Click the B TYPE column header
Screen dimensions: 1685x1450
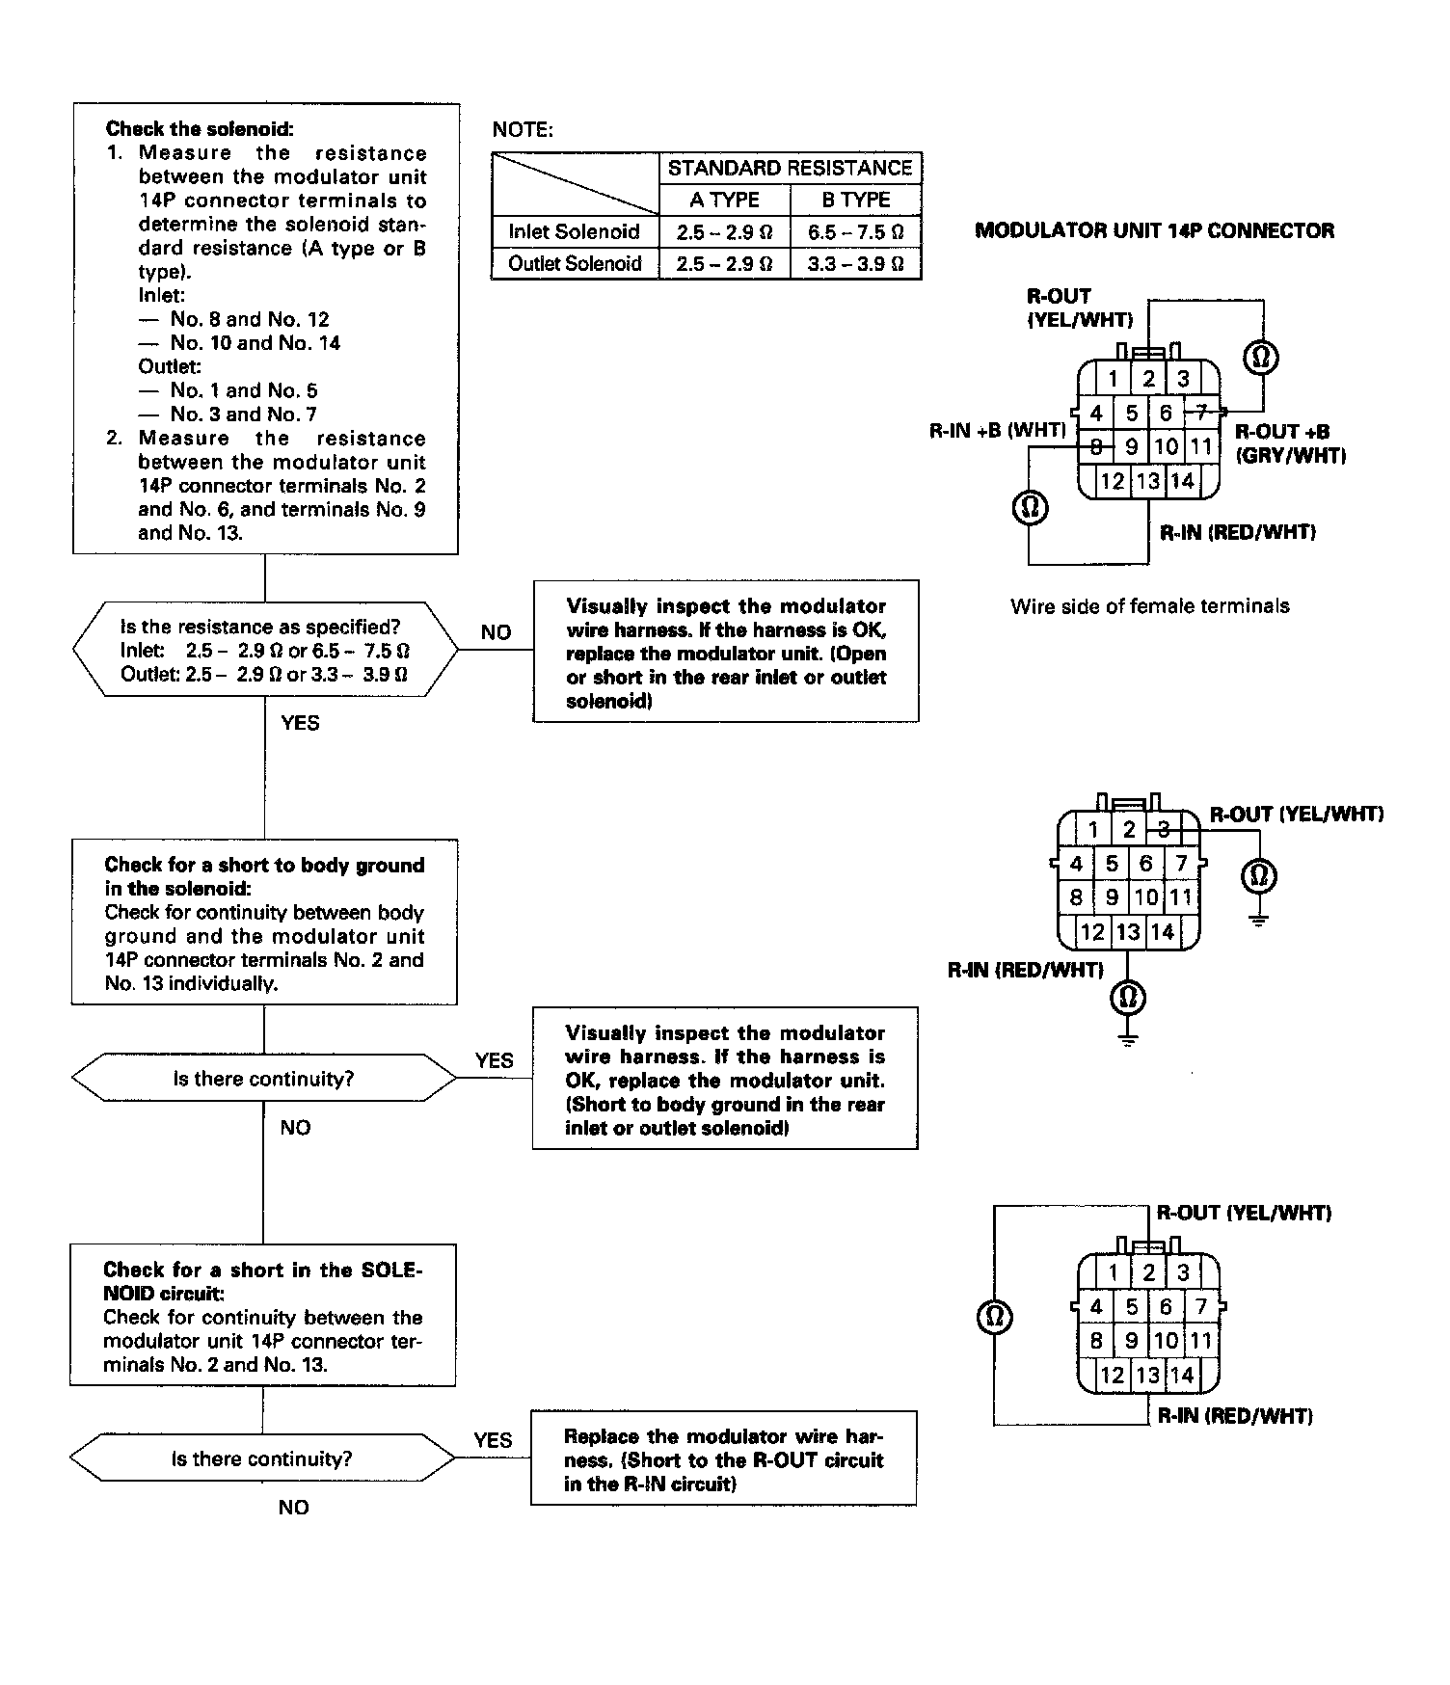855,200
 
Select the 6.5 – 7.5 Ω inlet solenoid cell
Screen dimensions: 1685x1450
855,231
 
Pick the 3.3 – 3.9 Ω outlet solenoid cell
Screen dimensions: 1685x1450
855,263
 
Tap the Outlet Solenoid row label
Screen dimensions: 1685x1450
575,263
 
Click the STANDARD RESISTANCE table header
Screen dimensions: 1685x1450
790,168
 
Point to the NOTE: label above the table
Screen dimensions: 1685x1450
523,130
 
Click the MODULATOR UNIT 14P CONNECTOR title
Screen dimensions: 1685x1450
1154,230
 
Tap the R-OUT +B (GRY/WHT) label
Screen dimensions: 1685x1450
1290,443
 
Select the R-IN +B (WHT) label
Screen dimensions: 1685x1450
997,431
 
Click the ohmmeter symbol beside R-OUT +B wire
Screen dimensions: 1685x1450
1262,358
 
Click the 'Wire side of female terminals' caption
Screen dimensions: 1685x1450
1149,606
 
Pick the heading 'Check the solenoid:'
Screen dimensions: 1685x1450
200,128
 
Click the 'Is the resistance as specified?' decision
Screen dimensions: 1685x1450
265,650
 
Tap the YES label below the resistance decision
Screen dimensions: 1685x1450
300,723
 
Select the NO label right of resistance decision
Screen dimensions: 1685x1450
496,632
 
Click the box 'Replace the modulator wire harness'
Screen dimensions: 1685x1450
723,1459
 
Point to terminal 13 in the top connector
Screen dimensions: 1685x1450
1147,481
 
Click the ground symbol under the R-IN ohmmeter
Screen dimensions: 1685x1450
1129,1039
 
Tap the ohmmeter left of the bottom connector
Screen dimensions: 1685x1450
994,1317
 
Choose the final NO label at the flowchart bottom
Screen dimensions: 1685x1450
293,1508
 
